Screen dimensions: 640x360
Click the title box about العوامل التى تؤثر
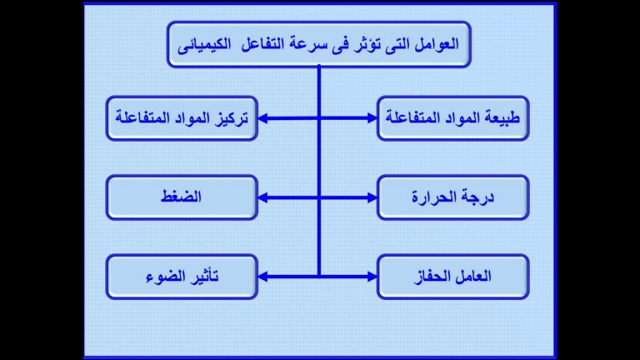click(319, 44)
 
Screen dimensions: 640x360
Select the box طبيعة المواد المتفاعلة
click(452, 118)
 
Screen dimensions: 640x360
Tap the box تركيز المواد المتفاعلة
click(182, 118)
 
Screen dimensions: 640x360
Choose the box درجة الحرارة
click(452, 197)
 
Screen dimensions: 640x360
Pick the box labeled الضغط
click(182, 197)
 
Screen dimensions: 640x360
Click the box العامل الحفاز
click(452, 277)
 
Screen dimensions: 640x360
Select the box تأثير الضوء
click(182, 277)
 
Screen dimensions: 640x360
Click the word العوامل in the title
click(437, 44)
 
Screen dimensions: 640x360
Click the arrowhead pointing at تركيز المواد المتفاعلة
click(263, 118)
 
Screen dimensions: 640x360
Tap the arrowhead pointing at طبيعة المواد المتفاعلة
click(372, 118)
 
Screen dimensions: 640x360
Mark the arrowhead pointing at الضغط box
click(263, 197)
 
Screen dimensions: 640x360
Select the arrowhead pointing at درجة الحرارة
click(372, 197)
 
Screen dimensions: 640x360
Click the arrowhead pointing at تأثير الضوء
click(263, 277)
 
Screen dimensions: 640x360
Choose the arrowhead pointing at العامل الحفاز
click(372, 277)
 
